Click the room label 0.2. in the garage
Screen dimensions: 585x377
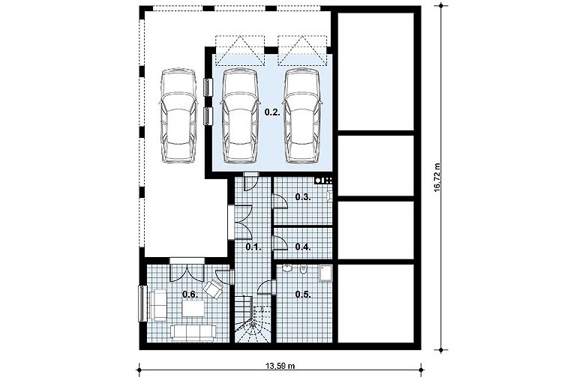pyautogui.click(x=272, y=112)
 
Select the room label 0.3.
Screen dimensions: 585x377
pyautogui.click(x=303, y=197)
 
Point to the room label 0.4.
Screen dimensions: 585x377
pyautogui.click(x=303, y=247)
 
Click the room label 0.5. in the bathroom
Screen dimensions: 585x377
pyautogui.click(x=303, y=295)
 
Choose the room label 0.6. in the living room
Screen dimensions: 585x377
pyautogui.click(x=190, y=295)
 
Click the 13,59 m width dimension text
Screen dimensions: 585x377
pyautogui.click(x=280, y=366)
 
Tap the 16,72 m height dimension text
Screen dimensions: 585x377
pyautogui.click(x=438, y=177)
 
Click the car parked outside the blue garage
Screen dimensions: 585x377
pyautogui.click(x=178, y=115)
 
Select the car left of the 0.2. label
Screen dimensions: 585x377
pyautogui.click(x=239, y=115)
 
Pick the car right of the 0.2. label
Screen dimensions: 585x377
pyautogui.click(x=301, y=115)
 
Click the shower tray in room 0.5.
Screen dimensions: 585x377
pyautogui.click(x=325, y=273)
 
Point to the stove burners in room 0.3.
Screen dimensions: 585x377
pyautogui.click(x=323, y=181)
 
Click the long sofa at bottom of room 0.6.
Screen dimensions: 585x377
pyautogui.click(x=193, y=333)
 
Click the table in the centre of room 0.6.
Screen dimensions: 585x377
pyautogui.click(x=193, y=308)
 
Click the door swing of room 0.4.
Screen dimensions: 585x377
pyautogui.click(x=280, y=243)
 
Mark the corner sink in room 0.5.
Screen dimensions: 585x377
pyautogui.click(x=287, y=268)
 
